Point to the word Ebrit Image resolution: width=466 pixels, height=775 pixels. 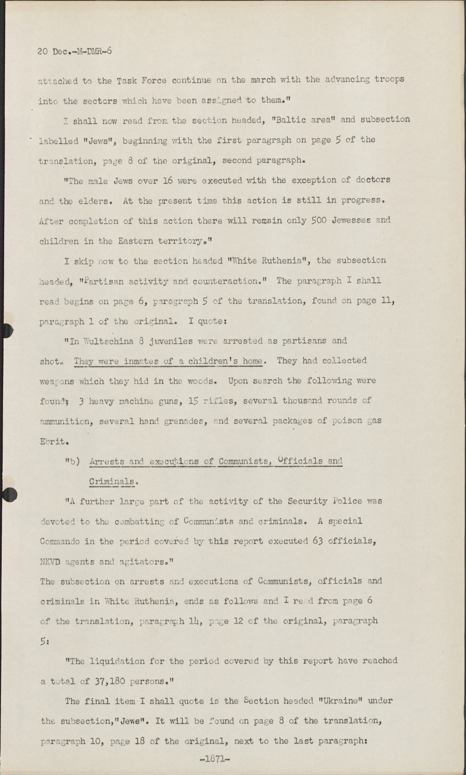(x=54, y=441)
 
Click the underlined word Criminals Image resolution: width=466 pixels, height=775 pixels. (x=112, y=482)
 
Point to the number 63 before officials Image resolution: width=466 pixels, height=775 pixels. (x=318, y=541)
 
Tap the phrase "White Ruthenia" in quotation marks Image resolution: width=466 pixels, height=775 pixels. (x=264, y=260)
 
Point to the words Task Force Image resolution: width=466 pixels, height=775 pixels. (x=141, y=80)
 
